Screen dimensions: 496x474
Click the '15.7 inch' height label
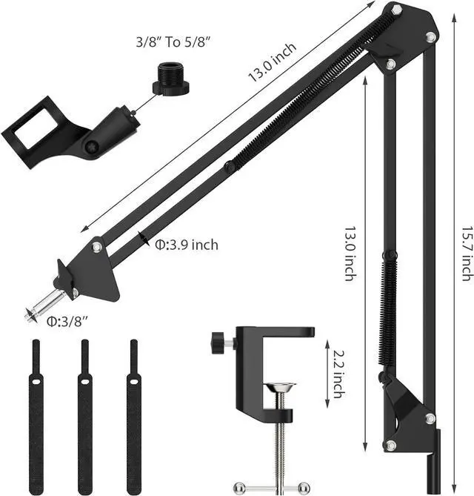click(x=466, y=252)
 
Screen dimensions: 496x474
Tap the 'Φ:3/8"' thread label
click(x=67, y=320)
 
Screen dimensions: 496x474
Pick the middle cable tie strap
click(x=85, y=415)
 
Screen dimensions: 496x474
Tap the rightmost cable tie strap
click(x=134, y=415)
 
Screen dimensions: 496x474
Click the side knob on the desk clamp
click(x=219, y=343)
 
